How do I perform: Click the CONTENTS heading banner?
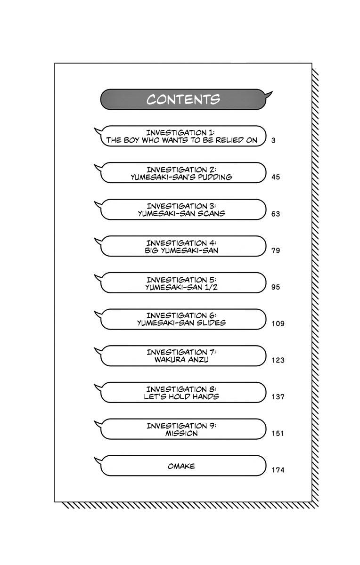tap(183, 100)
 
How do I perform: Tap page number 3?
tap(274, 140)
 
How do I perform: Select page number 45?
tap(276, 177)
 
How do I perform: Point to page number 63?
tap(276, 214)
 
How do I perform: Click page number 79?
tap(276, 250)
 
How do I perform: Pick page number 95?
tap(276, 287)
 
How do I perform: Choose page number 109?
tap(278, 323)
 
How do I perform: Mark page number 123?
tap(278, 360)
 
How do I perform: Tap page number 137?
tap(278, 397)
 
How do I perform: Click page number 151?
tap(278, 433)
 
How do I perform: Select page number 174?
tap(278, 470)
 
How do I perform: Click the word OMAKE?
tap(181, 466)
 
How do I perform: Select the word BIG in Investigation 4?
tap(152, 250)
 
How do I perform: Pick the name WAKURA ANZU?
tap(181, 360)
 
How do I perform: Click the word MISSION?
tap(181, 433)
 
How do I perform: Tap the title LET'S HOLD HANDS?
tap(181, 396)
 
